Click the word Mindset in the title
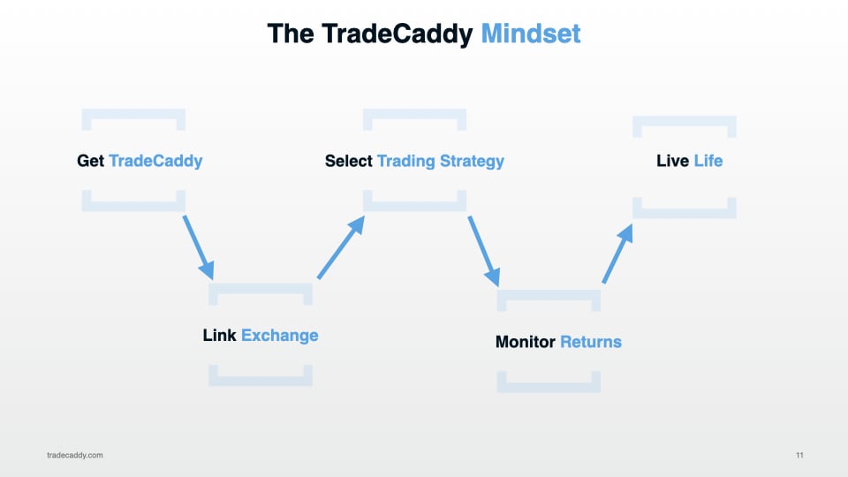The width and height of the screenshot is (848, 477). (x=531, y=34)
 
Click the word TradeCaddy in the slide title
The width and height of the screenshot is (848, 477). (x=399, y=34)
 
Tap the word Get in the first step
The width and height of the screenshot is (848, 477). (x=90, y=161)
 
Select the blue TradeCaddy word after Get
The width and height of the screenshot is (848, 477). (x=155, y=161)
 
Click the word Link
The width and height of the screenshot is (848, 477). (x=219, y=336)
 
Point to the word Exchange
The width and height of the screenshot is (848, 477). (x=279, y=336)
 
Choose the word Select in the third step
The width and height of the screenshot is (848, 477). (x=349, y=161)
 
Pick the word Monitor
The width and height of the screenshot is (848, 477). (x=526, y=342)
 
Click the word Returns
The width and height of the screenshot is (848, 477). (x=591, y=342)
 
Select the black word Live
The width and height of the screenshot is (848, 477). (x=672, y=161)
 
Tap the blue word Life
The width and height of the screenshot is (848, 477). (x=708, y=161)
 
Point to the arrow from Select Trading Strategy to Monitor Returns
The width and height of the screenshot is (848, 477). (x=484, y=251)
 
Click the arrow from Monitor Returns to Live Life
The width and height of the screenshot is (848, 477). (x=618, y=253)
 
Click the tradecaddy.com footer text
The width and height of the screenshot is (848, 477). (x=75, y=455)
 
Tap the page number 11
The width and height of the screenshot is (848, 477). (x=799, y=455)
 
